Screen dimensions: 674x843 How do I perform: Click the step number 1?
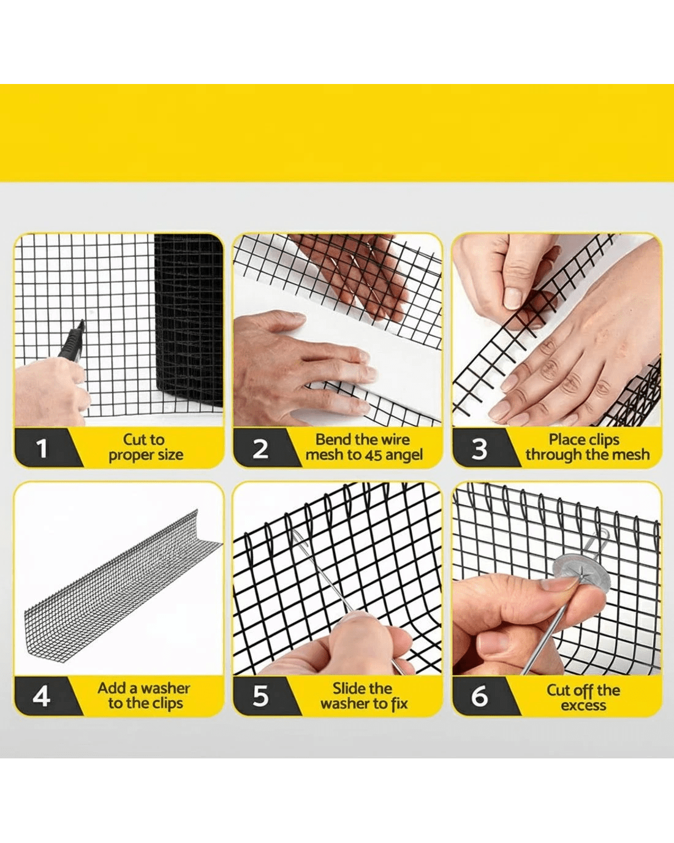click(x=41, y=449)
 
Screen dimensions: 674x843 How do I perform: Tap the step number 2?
click(x=260, y=449)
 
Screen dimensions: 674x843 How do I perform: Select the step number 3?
click(x=479, y=449)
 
